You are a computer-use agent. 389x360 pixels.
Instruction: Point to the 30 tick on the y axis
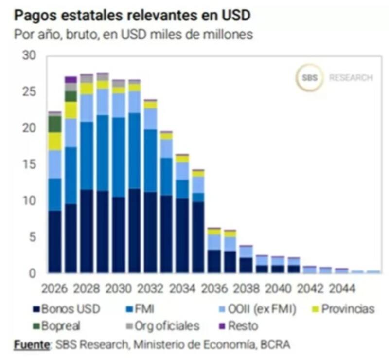tap(30, 55)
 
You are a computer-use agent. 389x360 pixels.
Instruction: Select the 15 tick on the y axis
tap(30, 164)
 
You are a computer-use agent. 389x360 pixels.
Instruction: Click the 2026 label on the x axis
tap(54, 288)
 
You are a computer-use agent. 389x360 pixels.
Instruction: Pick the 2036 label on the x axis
tap(214, 288)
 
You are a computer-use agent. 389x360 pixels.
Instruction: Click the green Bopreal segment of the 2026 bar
tap(55, 124)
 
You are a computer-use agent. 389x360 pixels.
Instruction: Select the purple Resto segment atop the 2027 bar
tap(71, 79)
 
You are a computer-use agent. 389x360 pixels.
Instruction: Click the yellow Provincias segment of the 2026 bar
tap(55, 141)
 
